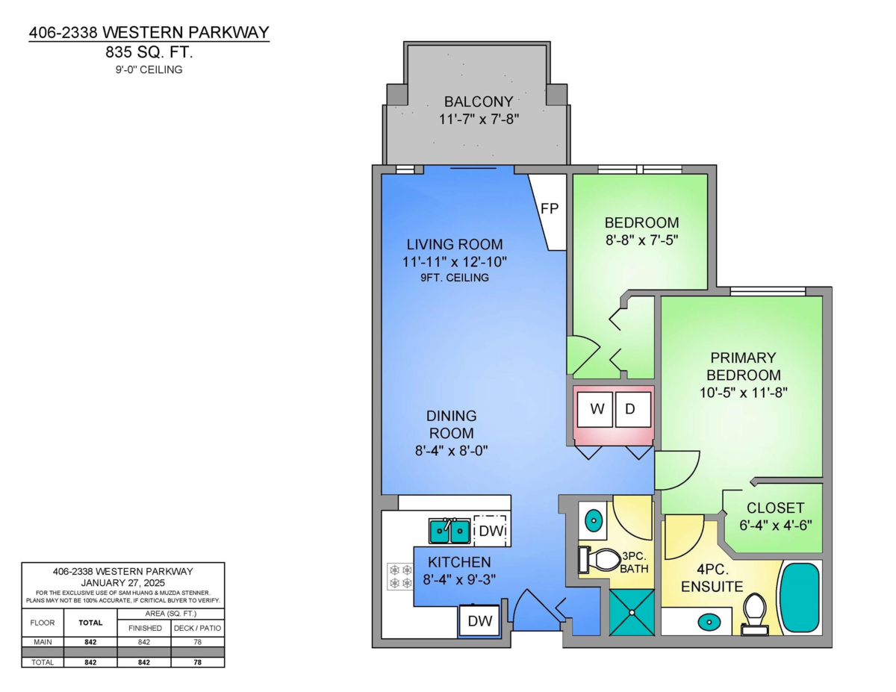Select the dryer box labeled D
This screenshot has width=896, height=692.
(x=632, y=409)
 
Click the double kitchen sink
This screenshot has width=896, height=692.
(x=449, y=532)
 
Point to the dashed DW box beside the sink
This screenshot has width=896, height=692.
(x=490, y=531)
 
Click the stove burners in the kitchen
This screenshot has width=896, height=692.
(x=400, y=577)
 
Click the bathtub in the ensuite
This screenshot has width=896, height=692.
(x=800, y=598)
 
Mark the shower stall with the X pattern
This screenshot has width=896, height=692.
(x=631, y=612)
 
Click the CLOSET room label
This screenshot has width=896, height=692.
(x=775, y=508)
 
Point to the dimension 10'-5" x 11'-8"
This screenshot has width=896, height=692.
(x=744, y=391)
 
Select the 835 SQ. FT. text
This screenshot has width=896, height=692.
(x=149, y=52)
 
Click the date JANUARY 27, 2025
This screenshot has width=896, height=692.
(x=122, y=582)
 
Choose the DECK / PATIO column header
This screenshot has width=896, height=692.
(x=197, y=628)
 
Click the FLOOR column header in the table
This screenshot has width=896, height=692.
(x=43, y=622)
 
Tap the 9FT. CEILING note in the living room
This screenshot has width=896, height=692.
(x=454, y=278)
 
